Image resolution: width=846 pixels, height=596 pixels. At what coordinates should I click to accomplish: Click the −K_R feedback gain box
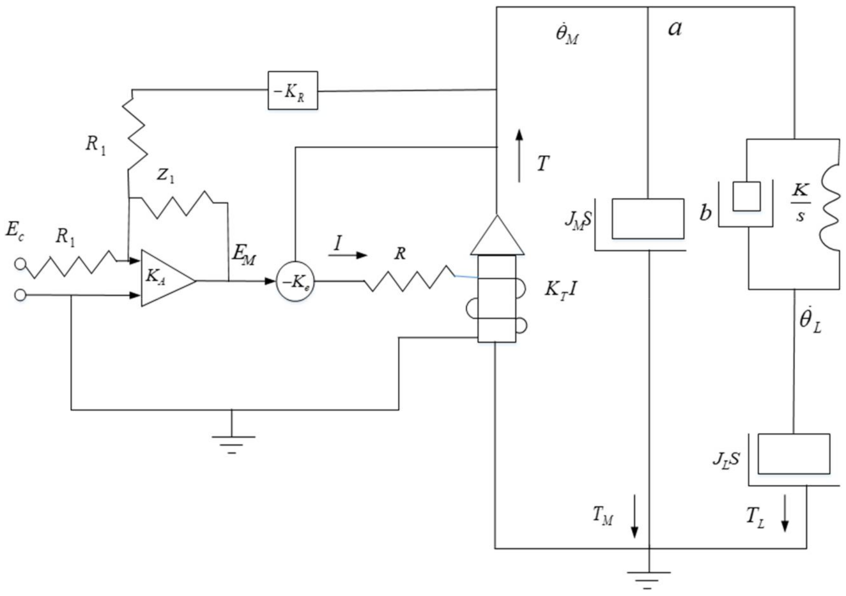(292, 91)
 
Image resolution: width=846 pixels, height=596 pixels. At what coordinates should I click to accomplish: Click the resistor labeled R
(409, 279)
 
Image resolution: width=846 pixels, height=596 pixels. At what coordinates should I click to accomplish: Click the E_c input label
(15, 231)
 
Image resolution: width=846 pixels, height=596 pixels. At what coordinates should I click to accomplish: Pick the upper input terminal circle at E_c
(20, 263)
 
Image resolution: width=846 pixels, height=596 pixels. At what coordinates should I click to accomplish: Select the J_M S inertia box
(647, 219)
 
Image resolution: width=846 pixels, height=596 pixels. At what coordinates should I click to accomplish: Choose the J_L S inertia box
(794, 454)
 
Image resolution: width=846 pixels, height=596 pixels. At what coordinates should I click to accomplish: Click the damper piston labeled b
(746, 197)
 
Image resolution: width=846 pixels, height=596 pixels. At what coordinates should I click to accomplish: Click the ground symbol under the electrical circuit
(231, 441)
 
